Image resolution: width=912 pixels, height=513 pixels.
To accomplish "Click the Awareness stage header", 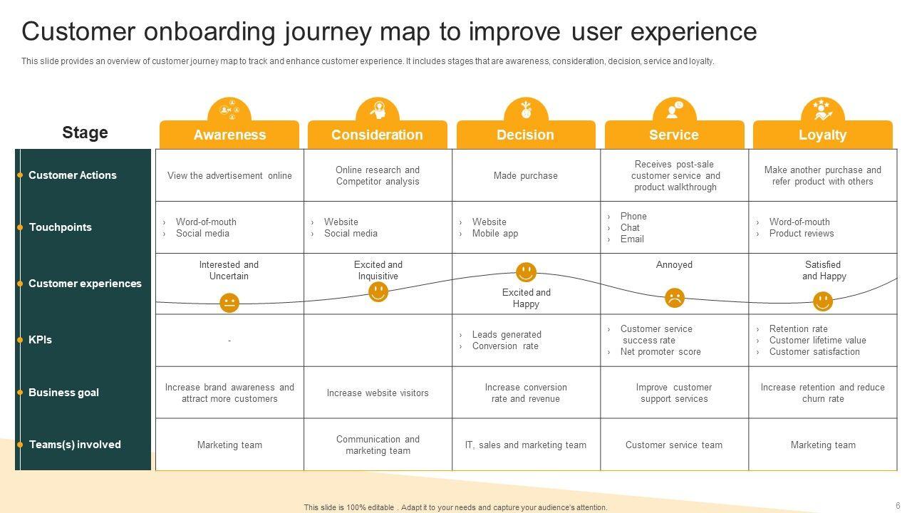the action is click(x=229, y=135).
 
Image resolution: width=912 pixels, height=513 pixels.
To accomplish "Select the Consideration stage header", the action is click(x=377, y=135).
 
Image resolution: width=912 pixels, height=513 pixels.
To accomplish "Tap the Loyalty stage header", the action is click(x=822, y=135).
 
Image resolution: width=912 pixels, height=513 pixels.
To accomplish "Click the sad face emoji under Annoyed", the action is click(x=674, y=298).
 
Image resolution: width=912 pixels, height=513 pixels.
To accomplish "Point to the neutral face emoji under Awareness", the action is click(x=229, y=303).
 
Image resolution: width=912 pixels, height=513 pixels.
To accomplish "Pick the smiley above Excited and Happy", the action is click(x=526, y=272).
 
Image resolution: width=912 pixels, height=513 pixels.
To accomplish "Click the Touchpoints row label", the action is click(x=61, y=227).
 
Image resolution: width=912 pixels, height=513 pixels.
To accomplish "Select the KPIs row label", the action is click(x=41, y=340).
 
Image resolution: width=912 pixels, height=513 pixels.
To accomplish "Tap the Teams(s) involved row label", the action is click(x=75, y=445).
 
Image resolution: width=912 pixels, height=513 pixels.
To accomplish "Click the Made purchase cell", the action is click(x=526, y=176).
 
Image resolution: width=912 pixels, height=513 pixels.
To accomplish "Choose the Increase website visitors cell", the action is click(x=378, y=393).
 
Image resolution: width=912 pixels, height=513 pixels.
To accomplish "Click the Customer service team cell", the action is click(x=674, y=445).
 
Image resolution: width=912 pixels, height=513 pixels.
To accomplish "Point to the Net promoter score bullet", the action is click(x=660, y=352).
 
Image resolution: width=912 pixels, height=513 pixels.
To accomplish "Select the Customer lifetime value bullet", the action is click(x=817, y=341).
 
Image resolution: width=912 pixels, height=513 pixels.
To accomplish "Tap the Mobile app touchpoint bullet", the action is click(x=495, y=234).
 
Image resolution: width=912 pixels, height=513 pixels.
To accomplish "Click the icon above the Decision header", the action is click(x=526, y=110).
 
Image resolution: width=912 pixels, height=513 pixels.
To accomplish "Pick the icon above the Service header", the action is click(x=674, y=110).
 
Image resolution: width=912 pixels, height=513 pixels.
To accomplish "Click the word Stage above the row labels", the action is click(x=85, y=133).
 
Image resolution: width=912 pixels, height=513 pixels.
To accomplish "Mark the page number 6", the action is click(x=898, y=505).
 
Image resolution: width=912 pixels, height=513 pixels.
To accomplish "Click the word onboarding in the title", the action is click(x=210, y=32).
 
